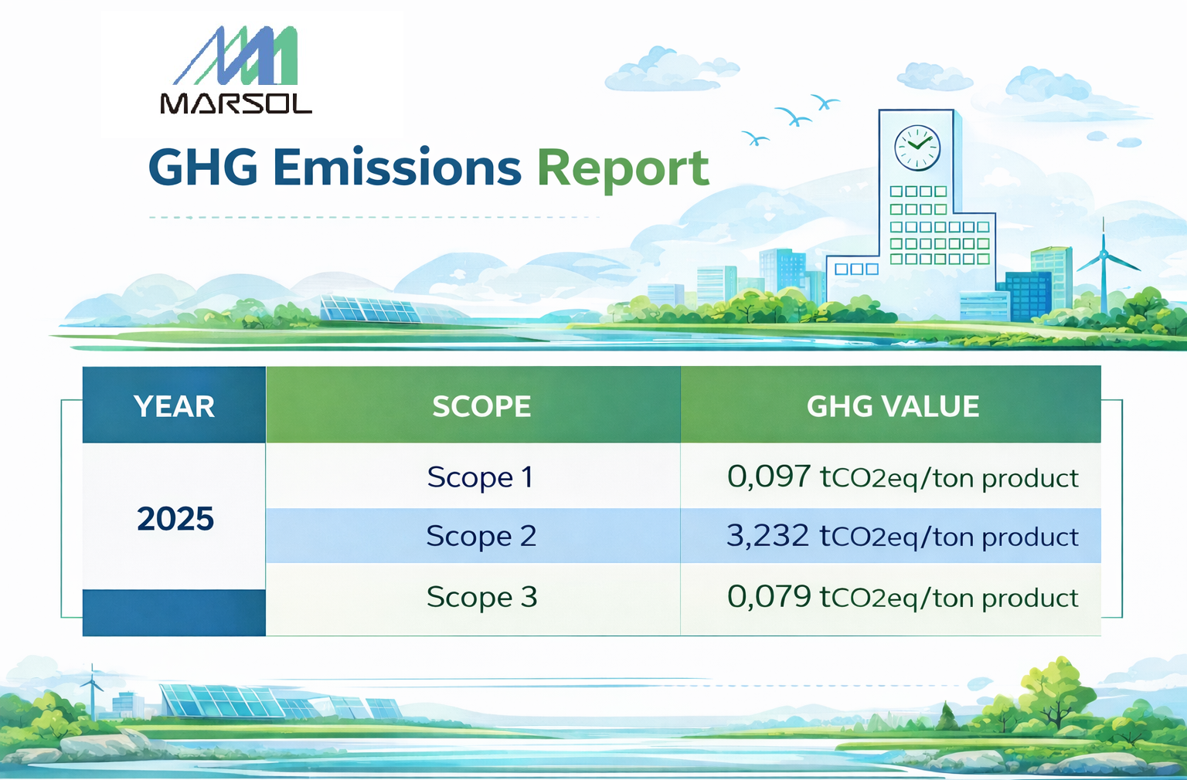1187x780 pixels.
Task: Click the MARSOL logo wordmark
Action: pos(236,103)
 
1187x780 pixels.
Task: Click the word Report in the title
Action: pos(622,168)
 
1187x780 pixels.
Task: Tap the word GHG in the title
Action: pos(202,168)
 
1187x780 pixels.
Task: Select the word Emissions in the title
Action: pos(396,168)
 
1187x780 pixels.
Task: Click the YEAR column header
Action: pos(174,406)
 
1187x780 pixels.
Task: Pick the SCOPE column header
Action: pos(481,406)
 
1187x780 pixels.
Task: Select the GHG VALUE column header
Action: pos(893,406)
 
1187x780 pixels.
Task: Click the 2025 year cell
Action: pos(175,519)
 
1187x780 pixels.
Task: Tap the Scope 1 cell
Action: pos(480,477)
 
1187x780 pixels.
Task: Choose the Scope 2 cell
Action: pos(481,536)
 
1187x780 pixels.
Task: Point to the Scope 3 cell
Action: pos(481,597)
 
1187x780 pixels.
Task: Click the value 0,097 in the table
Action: pos(769,476)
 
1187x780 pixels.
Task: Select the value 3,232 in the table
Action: pos(767,535)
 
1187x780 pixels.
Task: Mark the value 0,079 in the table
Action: pos(769,597)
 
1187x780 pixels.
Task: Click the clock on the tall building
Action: pos(917,148)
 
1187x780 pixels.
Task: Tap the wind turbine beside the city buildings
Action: pos(1104,263)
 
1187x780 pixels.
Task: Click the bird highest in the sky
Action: pos(825,102)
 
